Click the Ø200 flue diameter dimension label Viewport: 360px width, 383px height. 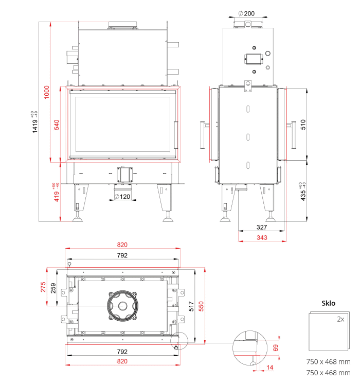coord(246,13)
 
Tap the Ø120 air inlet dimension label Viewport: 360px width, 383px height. coord(122,197)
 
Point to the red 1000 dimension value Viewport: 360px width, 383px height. coord(46,92)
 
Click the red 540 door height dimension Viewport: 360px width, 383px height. coord(57,125)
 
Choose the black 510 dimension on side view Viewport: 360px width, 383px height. coord(303,125)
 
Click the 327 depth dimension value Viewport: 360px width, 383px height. coord(262,227)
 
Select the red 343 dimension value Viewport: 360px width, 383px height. coord(262,237)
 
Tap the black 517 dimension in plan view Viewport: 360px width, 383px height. coord(191,306)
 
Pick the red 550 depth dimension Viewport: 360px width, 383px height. coord(201,306)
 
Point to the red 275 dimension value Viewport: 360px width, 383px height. coord(43,287)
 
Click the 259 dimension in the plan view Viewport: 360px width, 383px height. coord(53,288)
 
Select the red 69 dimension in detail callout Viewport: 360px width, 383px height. coord(276,348)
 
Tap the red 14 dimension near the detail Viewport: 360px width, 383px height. coord(270,368)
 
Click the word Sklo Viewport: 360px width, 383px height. coord(328,303)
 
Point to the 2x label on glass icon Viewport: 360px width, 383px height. coord(340,319)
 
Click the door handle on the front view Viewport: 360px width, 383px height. coord(176,134)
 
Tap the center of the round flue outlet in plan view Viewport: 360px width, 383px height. coord(122,306)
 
